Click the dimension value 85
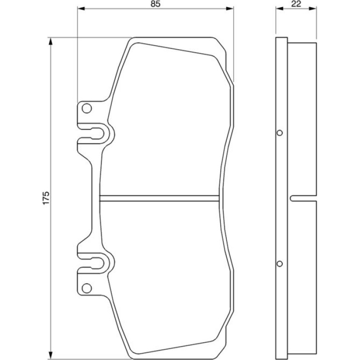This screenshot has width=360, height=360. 155,4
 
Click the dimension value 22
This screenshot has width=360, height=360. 296,4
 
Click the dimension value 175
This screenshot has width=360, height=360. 46,198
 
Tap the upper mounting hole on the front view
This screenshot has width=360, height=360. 87,108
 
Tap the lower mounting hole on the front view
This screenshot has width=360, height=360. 87,288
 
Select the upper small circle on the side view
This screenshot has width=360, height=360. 280,133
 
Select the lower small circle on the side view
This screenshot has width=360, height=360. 280,264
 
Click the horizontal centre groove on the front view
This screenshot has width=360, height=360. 159,198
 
